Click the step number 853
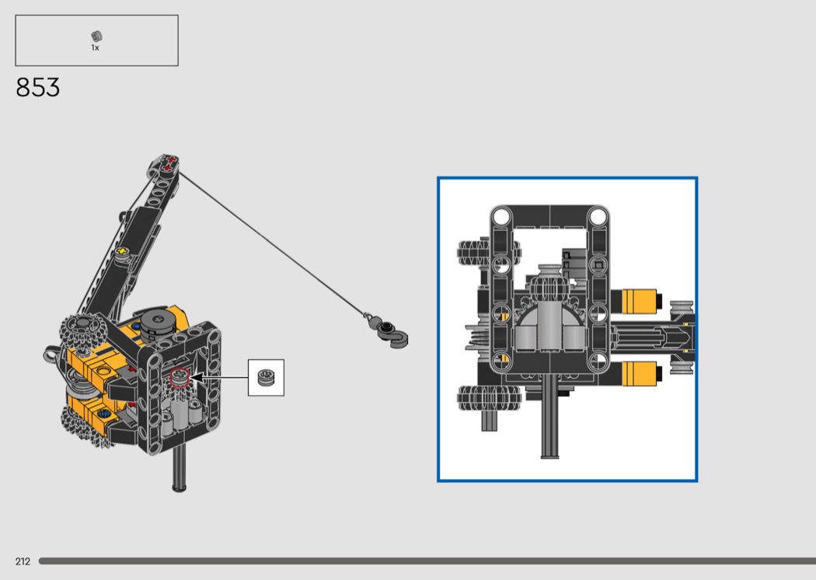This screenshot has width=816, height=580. (x=37, y=88)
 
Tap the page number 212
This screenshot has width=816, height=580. (x=23, y=561)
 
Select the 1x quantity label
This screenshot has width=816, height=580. (x=96, y=48)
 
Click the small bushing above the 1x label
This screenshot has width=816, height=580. (x=96, y=37)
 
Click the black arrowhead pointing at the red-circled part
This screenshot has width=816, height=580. (x=197, y=377)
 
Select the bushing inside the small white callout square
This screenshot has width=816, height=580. (x=266, y=378)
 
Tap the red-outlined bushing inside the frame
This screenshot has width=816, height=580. (x=180, y=377)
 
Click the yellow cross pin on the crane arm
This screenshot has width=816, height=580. (x=122, y=251)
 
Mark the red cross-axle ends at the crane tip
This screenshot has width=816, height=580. (x=169, y=163)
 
